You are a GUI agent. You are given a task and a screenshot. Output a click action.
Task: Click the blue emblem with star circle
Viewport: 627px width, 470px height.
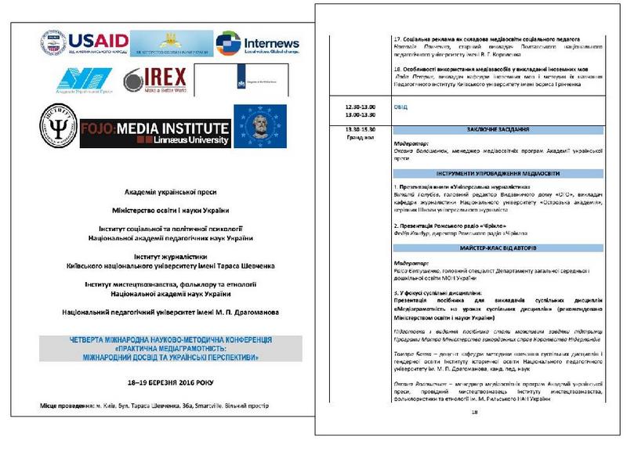point(260,127)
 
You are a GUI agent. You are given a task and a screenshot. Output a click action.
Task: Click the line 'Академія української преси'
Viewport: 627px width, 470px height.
point(170,192)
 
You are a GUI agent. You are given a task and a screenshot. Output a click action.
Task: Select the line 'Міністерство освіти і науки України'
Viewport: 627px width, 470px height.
point(170,210)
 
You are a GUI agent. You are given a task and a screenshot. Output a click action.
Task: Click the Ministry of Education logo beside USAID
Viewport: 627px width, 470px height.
point(171,43)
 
